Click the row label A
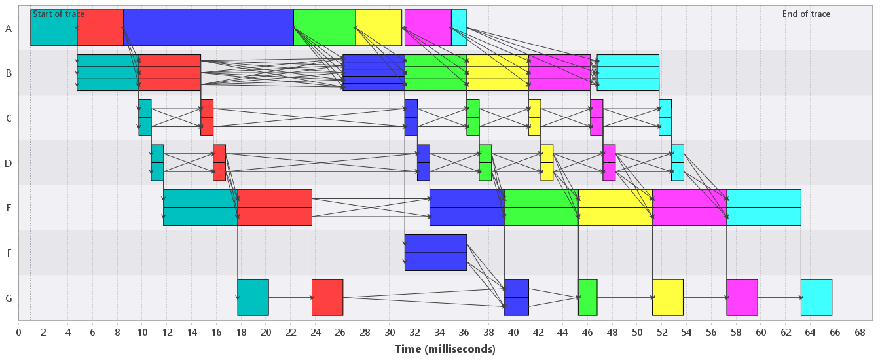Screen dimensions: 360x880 (x=9, y=28)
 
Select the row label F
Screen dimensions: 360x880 (x=9, y=253)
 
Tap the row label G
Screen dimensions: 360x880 (x=9, y=298)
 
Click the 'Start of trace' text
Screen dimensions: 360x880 (x=58, y=14)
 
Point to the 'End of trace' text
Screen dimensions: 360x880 (x=806, y=14)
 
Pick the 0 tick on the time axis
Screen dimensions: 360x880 (x=18, y=333)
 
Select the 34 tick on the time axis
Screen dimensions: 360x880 (x=439, y=333)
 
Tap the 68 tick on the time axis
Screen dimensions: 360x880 (x=860, y=333)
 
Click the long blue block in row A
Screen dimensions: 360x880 (x=208, y=27)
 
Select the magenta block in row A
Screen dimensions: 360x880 (x=428, y=27)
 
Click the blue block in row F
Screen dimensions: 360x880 (x=435, y=253)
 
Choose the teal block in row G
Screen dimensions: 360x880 (x=253, y=298)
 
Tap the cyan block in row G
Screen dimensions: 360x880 (x=816, y=298)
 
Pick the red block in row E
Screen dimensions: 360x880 (x=274, y=207)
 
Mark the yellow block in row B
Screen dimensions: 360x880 (x=498, y=73)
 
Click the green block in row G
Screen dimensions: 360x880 (x=587, y=298)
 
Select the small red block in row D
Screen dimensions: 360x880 (x=219, y=162)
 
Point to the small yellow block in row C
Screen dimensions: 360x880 (x=534, y=118)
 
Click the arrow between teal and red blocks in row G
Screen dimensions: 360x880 (x=290, y=298)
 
